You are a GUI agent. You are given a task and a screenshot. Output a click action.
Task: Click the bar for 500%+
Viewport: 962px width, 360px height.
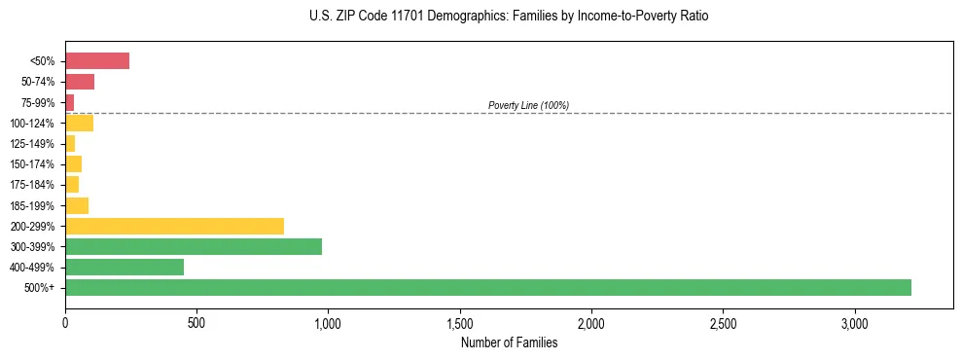tap(487, 288)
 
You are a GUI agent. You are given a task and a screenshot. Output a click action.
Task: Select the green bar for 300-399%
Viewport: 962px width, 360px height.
tap(194, 246)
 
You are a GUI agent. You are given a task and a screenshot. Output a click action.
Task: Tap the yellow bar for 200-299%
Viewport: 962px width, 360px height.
tap(174, 226)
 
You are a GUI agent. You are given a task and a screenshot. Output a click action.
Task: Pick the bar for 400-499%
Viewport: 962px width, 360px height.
tap(125, 268)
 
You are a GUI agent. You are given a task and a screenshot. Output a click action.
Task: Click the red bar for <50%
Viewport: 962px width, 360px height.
tap(97, 61)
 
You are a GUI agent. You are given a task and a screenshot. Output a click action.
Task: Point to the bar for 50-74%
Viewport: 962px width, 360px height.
tap(80, 82)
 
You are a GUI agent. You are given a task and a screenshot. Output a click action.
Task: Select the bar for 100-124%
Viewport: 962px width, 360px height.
tap(79, 123)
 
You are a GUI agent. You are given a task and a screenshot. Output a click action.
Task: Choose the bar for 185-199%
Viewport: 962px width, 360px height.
tap(77, 205)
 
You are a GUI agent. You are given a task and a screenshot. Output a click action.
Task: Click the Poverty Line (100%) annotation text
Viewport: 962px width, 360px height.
tap(528, 105)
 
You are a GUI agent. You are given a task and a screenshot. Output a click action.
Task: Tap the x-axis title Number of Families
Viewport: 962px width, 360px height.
tap(509, 342)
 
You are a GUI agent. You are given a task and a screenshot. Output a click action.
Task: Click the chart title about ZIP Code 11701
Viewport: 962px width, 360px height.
tap(509, 17)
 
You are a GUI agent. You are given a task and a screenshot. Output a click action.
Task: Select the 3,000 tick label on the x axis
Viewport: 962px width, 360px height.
tap(855, 322)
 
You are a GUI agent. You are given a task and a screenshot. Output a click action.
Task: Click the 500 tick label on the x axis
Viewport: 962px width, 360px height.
tap(196, 322)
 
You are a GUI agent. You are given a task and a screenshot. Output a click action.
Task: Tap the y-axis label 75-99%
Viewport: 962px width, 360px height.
tap(39, 103)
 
